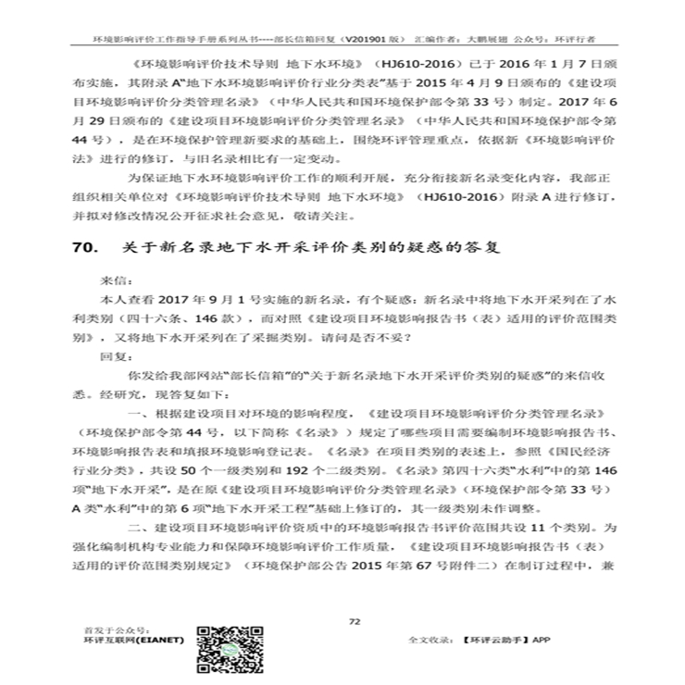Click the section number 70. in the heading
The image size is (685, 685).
(x=86, y=249)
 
